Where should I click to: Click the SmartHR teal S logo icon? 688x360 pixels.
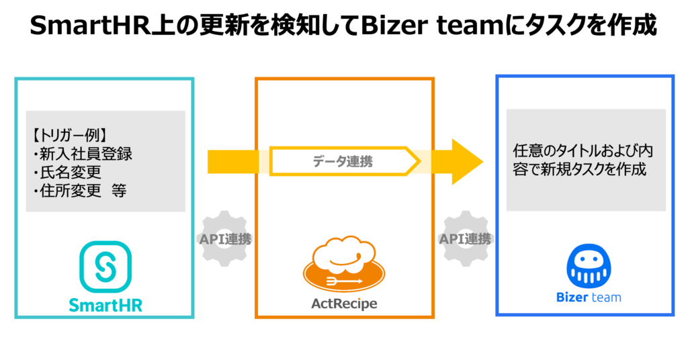(105, 267)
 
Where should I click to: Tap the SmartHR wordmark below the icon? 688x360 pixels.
(105, 305)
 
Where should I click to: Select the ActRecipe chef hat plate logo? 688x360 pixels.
(344, 265)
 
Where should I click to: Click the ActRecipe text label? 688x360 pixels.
(344, 304)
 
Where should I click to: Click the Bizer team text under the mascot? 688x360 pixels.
(589, 298)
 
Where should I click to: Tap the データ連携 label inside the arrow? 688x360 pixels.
(342, 162)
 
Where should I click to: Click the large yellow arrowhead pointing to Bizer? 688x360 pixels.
(466, 161)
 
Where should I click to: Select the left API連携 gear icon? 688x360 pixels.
(225, 239)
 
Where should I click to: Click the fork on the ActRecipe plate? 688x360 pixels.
(346, 281)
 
